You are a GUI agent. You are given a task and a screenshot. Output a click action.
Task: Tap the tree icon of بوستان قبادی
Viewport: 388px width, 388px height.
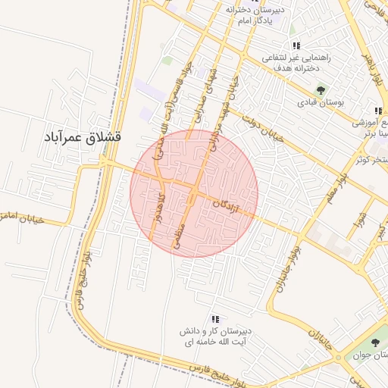[x=320, y=89]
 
